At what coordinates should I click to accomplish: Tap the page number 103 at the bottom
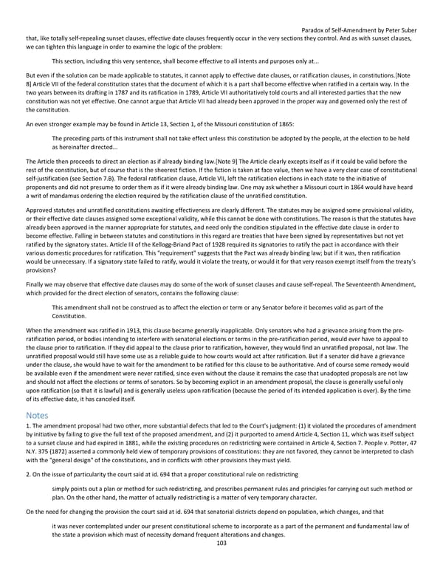[221, 563]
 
